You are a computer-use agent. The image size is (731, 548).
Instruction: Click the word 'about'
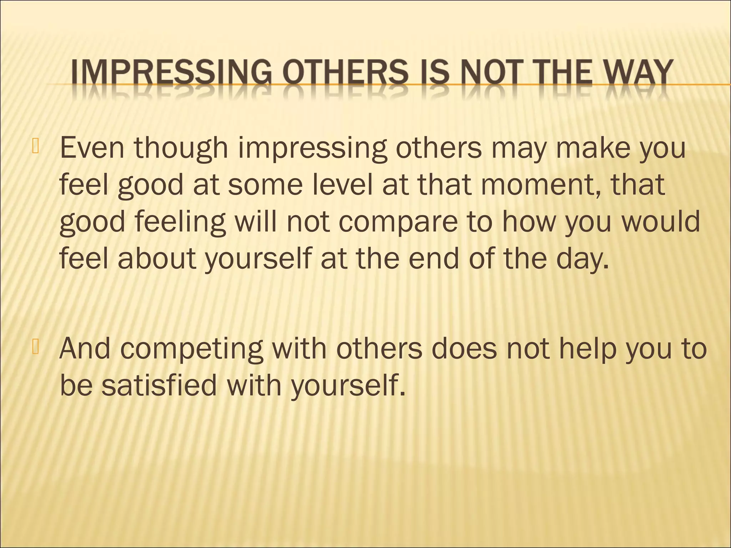pyautogui.click(x=157, y=258)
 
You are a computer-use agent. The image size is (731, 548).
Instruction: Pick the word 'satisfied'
pyautogui.click(x=158, y=385)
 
